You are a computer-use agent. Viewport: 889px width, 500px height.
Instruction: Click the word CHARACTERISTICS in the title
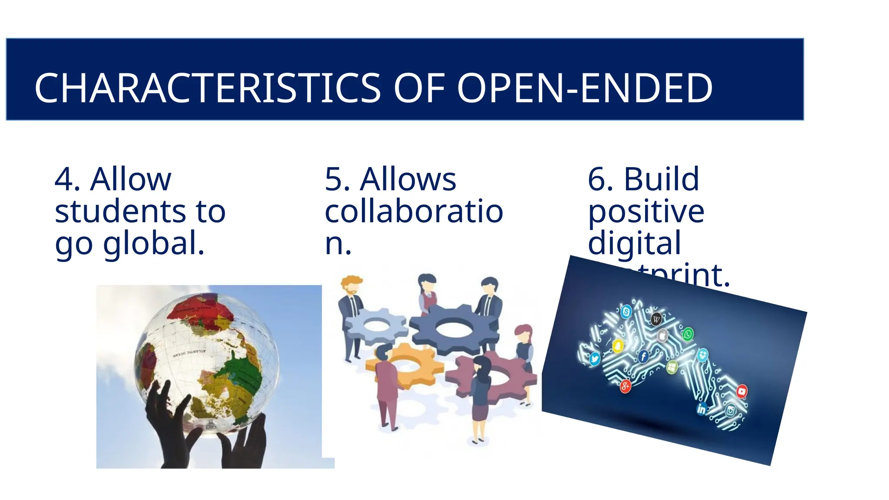207,89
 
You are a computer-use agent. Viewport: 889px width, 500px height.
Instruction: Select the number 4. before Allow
67,179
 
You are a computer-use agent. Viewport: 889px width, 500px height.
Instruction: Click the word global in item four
153,243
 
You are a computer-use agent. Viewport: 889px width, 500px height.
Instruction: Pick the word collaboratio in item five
414,212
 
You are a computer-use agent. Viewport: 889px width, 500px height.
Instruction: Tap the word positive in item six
646,212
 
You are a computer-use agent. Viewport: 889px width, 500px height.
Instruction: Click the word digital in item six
634,243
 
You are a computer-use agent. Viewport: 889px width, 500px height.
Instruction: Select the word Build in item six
661,179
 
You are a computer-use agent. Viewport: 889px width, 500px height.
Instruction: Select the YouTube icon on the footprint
742,391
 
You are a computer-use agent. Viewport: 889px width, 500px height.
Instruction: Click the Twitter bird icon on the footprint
594,359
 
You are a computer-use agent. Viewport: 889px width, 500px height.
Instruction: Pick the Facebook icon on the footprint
643,357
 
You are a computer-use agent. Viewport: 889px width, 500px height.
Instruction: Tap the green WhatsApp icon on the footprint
688,334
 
